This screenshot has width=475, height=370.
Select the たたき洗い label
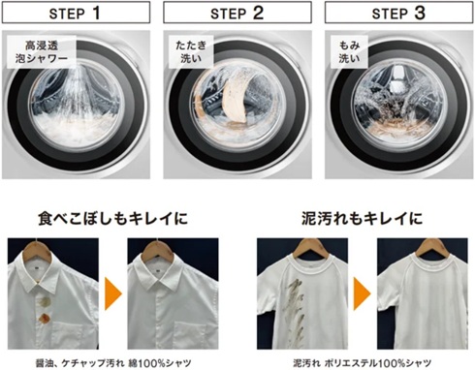[x=190, y=51]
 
